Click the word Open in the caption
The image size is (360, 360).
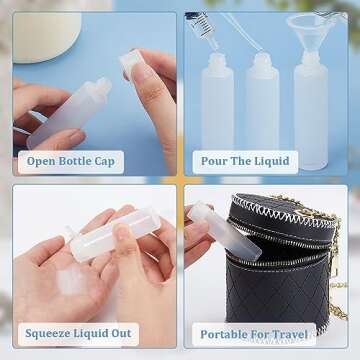[x=43, y=161]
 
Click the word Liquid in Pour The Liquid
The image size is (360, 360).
[x=271, y=161]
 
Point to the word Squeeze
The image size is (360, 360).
[x=50, y=334]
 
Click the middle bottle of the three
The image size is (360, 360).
[x=263, y=105]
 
